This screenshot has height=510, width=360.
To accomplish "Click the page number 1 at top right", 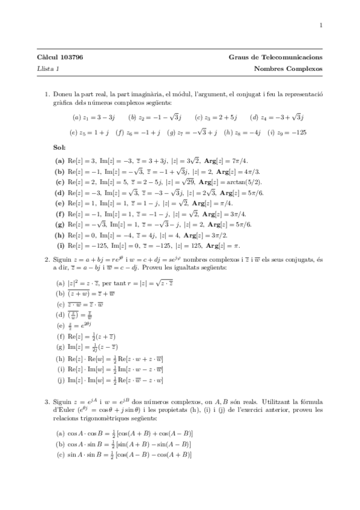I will (x=322, y=25).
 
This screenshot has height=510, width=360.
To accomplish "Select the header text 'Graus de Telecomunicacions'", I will (x=276, y=57).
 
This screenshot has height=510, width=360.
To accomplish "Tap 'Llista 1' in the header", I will (x=47, y=69).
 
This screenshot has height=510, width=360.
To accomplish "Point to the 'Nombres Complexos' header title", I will (x=288, y=69).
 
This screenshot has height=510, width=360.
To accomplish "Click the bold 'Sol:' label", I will (x=59, y=147).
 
